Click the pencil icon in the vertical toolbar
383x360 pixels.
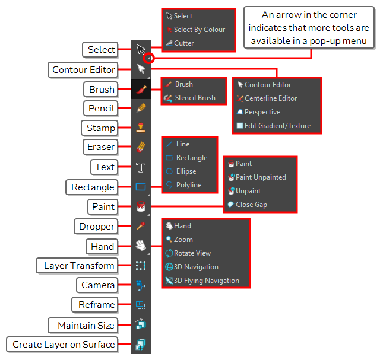tap(141, 108)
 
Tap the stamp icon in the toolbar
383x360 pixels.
tap(141, 128)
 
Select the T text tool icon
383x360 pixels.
tap(141, 168)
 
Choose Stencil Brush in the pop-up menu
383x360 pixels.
tap(190, 98)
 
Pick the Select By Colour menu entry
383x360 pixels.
tap(195, 30)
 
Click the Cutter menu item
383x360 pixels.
tap(180, 43)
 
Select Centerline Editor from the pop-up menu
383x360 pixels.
tap(267, 98)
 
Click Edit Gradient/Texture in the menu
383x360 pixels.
tap(274, 126)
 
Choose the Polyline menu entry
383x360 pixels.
tap(183, 185)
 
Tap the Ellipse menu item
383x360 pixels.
tap(181, 171)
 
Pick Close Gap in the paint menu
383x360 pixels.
tap(247, 205)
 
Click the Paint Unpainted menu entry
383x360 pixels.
tap(257, 177)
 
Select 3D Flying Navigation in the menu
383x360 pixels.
tap(202, 281)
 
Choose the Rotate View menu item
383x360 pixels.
tap(188, 253)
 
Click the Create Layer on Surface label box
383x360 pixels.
tap(62, 345)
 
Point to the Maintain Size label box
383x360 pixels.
tap(83, 326)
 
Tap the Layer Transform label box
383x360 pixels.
tap(77, 266)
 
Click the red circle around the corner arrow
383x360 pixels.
tap(149, 58)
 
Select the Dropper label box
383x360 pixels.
tap(96, 227)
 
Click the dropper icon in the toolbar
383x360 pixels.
tap(141, 226)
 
